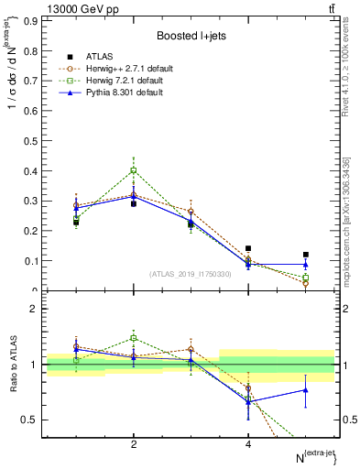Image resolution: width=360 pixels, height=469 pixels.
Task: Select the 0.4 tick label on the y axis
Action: [29, 170]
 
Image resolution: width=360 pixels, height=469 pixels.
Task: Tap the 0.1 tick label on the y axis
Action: [29, 261]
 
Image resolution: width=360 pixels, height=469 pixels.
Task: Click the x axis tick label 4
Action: [248, 444]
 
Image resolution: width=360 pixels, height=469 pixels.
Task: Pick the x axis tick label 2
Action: [134, 444]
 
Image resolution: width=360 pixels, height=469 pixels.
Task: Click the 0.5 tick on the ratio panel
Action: [29, 420]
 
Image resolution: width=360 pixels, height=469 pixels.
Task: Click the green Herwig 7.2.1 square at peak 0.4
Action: [134, 170]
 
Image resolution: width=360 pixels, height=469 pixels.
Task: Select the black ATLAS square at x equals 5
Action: [305, 255]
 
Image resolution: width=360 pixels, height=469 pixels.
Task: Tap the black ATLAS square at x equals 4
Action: [248, 248]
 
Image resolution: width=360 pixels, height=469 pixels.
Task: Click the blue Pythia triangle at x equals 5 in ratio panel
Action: [305, 390]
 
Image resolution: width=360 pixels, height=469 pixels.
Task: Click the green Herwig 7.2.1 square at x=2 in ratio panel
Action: [134, 338]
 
